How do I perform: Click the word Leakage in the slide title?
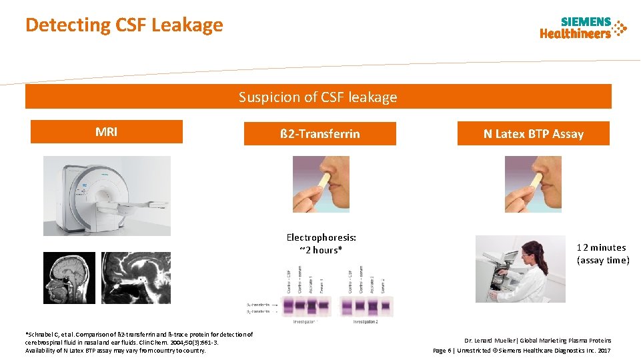187,25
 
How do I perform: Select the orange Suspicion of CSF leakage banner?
318,97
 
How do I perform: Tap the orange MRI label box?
107,132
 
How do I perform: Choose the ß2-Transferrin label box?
319,134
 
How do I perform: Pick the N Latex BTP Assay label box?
533,134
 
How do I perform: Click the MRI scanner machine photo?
107,195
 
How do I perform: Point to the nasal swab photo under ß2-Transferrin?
321,184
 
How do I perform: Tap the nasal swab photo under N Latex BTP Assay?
533,184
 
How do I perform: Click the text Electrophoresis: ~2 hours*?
321,243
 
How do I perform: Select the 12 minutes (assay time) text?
602,254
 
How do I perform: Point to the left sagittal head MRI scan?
69,278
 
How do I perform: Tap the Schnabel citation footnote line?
139,334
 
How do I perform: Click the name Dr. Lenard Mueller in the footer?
494,341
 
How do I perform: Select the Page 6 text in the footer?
446,350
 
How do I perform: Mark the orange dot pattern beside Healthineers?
620,28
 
